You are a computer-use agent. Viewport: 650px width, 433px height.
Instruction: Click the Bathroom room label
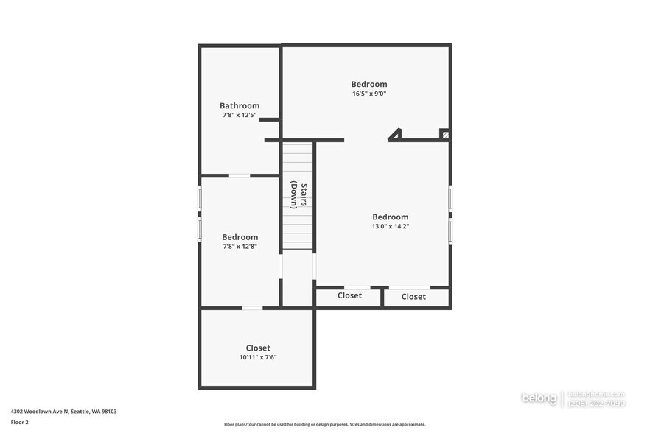pos(240,105)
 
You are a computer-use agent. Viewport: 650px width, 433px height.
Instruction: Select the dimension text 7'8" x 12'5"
pos(240,115)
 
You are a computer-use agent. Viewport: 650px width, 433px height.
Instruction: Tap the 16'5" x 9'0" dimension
pos(369,94)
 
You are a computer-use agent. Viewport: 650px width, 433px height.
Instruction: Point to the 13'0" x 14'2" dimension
pos(391,226)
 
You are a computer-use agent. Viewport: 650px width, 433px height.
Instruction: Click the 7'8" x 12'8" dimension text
pos(240,246)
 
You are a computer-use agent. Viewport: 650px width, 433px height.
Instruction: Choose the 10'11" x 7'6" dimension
pos(258,357)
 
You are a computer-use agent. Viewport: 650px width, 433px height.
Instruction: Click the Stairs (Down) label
pos(298,195)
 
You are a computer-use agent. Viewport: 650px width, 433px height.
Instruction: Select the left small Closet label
pos(349,295)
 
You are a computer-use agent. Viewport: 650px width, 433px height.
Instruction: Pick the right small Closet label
pos(413,297)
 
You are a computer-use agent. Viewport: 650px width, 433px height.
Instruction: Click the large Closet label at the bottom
pos(258,348)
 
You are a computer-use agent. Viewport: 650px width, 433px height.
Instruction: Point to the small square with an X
pos(444,134)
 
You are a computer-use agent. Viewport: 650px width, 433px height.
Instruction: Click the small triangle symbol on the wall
pos(396,134)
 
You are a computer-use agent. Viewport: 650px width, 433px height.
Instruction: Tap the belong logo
pos(539,398)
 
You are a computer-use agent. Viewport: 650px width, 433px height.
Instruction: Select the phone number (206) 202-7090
pos(597,403)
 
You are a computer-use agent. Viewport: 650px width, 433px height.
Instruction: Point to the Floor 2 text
pos(19,422)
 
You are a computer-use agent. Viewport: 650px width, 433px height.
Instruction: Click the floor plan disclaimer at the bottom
pos(325,424)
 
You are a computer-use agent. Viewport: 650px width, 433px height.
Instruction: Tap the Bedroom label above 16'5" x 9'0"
pos(369,84)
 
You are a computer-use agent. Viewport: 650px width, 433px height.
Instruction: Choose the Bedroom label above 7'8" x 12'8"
pos(240,236)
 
